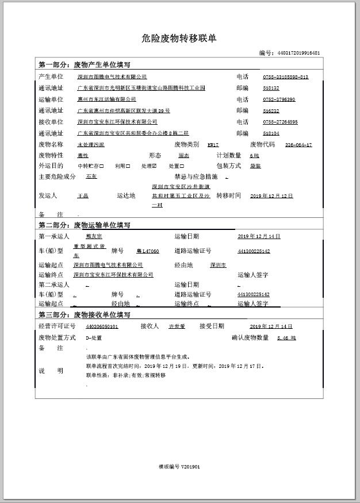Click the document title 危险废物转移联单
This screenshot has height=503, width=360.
pyautogui.click(x=179, y=39)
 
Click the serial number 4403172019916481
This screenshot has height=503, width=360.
pyautogui.click(x=298, y=53)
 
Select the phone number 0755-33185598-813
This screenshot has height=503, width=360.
pyautogui.click(x=285, y=76)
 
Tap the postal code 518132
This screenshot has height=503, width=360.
pyautogui.click(x=271, y=88)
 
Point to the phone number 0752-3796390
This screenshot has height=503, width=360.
pyautogui.click(x=279, y=99)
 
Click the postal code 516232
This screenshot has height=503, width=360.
pyautogui.click(x=271, y=110)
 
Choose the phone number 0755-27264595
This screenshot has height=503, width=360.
pyautogui.click(x=280, y=122)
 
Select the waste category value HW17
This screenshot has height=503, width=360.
pyautogui.click(x=213, y=145)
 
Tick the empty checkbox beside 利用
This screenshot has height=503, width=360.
pyautogui.click(x=128, y=166)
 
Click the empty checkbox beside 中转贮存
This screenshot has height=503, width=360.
pyautogui.click(x=102, y=166)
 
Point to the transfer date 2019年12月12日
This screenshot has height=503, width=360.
pyautogui.click(x=271, y=196)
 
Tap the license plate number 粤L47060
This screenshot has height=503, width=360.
pyautogui.click(x=147, y=251)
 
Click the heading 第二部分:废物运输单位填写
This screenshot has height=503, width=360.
pyautogui.click(x=85, y=225)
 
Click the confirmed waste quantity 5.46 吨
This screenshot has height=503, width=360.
pyautogui.click(x=286, y=338)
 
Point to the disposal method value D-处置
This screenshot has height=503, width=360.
pyautogui.click(x=94, y=338)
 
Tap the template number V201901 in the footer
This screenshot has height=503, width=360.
pyautogui.click(x=179, y=467)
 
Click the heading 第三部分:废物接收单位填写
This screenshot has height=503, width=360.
pyautogui.click(x=85, y=314)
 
